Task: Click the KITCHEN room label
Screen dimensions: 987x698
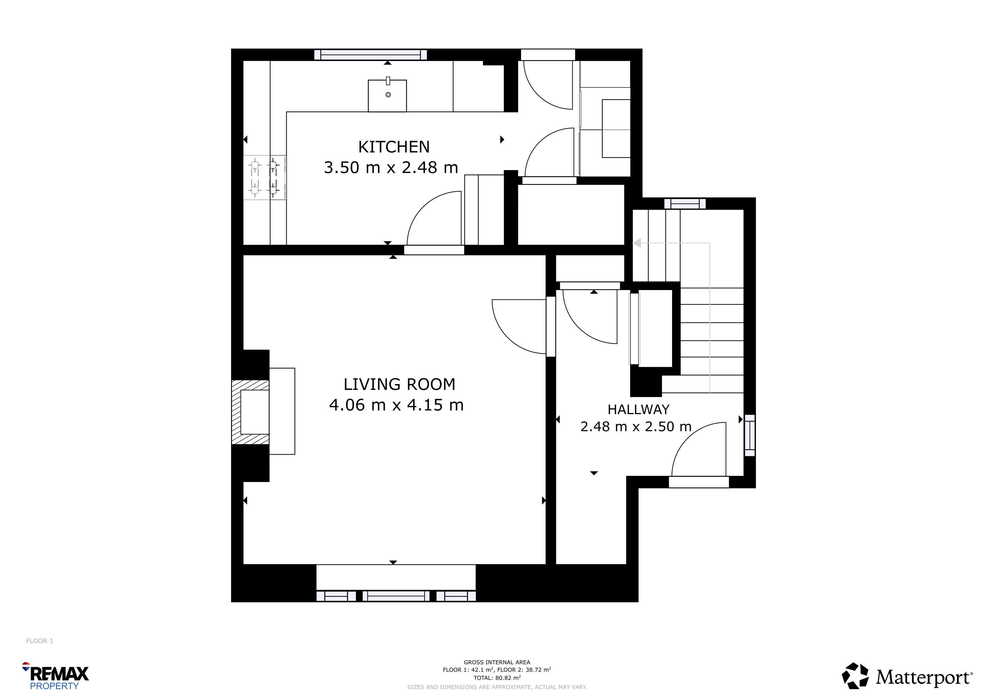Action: click(x=394, y=147)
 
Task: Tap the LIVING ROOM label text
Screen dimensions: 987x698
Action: click(x=399, y=384)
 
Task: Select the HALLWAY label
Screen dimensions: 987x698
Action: click(x=638, y=410)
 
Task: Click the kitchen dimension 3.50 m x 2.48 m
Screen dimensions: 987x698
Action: click(x=391, y=168)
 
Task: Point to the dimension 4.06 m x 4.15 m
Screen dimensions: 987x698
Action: click(x=396, y=405)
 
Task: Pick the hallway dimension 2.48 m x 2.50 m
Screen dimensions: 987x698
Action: click(x=636, y=427)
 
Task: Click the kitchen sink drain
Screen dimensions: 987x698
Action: click(x=388, y=94)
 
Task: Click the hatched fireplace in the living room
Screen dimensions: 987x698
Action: click(x=250, y=412)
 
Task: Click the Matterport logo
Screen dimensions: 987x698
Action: click(x=907, y=676)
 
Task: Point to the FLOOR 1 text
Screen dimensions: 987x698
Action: click(x=40, y=641)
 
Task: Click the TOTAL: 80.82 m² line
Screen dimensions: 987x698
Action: click(x=497, y=678)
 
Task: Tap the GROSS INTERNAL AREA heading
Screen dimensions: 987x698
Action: click(x=497, y=662)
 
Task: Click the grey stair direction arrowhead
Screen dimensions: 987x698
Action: click(x=637, y=243)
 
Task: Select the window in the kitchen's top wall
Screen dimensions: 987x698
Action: click(x=370, y=55)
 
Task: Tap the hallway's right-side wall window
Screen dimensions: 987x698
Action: click(x=750, y=435)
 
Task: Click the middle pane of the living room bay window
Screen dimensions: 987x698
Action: click(x=396, y=596)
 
